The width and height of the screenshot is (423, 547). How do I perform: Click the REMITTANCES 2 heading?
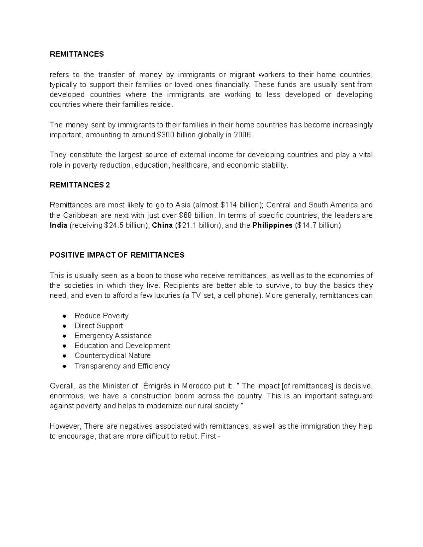coord(80,185)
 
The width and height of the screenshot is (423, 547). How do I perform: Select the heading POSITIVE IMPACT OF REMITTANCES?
coord(117,255)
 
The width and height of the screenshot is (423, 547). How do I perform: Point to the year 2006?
coord(243,135)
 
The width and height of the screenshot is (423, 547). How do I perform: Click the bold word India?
coord(58,225)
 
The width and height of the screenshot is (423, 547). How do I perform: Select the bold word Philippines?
coord(272,225)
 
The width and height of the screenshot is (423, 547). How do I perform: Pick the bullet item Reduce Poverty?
coord(101,316)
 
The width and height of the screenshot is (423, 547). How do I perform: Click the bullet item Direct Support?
coord(99,326)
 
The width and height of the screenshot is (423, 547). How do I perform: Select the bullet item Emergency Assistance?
coord(113,336)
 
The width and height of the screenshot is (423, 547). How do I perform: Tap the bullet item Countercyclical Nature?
coord(112,356)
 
